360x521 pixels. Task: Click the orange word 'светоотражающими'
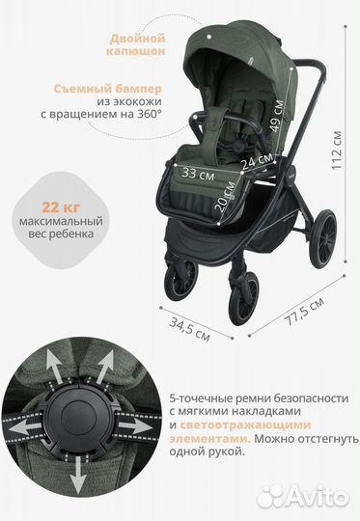261,424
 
